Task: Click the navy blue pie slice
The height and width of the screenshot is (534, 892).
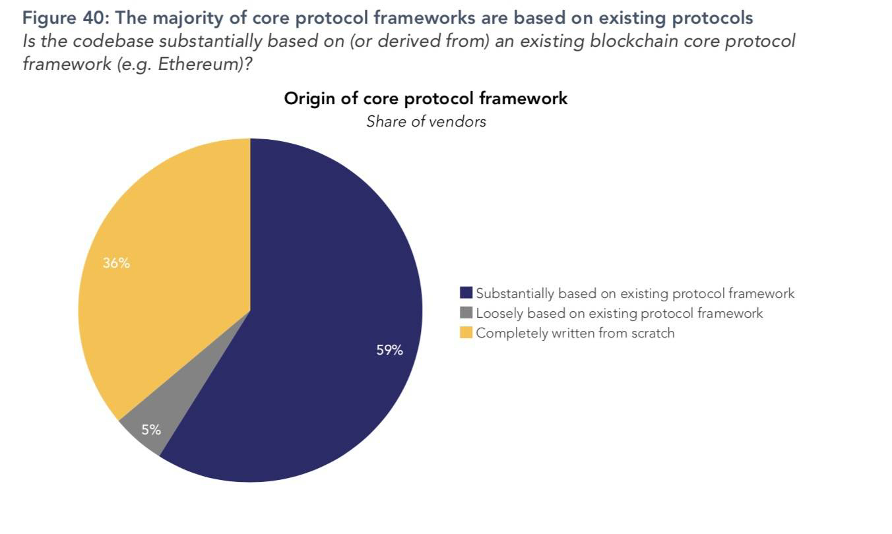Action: point(317,297)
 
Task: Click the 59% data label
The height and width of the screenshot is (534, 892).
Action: point(389,350)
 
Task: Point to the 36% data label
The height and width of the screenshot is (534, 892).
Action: point(116,263)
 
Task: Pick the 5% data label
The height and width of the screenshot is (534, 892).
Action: point(151,430)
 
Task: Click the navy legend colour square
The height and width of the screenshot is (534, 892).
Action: point(466,293)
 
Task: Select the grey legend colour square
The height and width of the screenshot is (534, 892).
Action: point(466,313)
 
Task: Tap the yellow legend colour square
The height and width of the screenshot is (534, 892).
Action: point(466,333)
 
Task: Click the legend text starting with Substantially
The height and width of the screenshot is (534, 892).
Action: point(635,293)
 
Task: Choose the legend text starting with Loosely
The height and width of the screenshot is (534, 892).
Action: point(619,313)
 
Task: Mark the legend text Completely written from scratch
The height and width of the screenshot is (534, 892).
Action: point(575,333)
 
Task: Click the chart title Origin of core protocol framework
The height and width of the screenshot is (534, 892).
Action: point(426,98)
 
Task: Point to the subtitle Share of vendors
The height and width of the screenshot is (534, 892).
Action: point(426,121)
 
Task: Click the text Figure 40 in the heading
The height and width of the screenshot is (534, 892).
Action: point(63,18)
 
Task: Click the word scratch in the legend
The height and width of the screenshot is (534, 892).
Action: point(653,333)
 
